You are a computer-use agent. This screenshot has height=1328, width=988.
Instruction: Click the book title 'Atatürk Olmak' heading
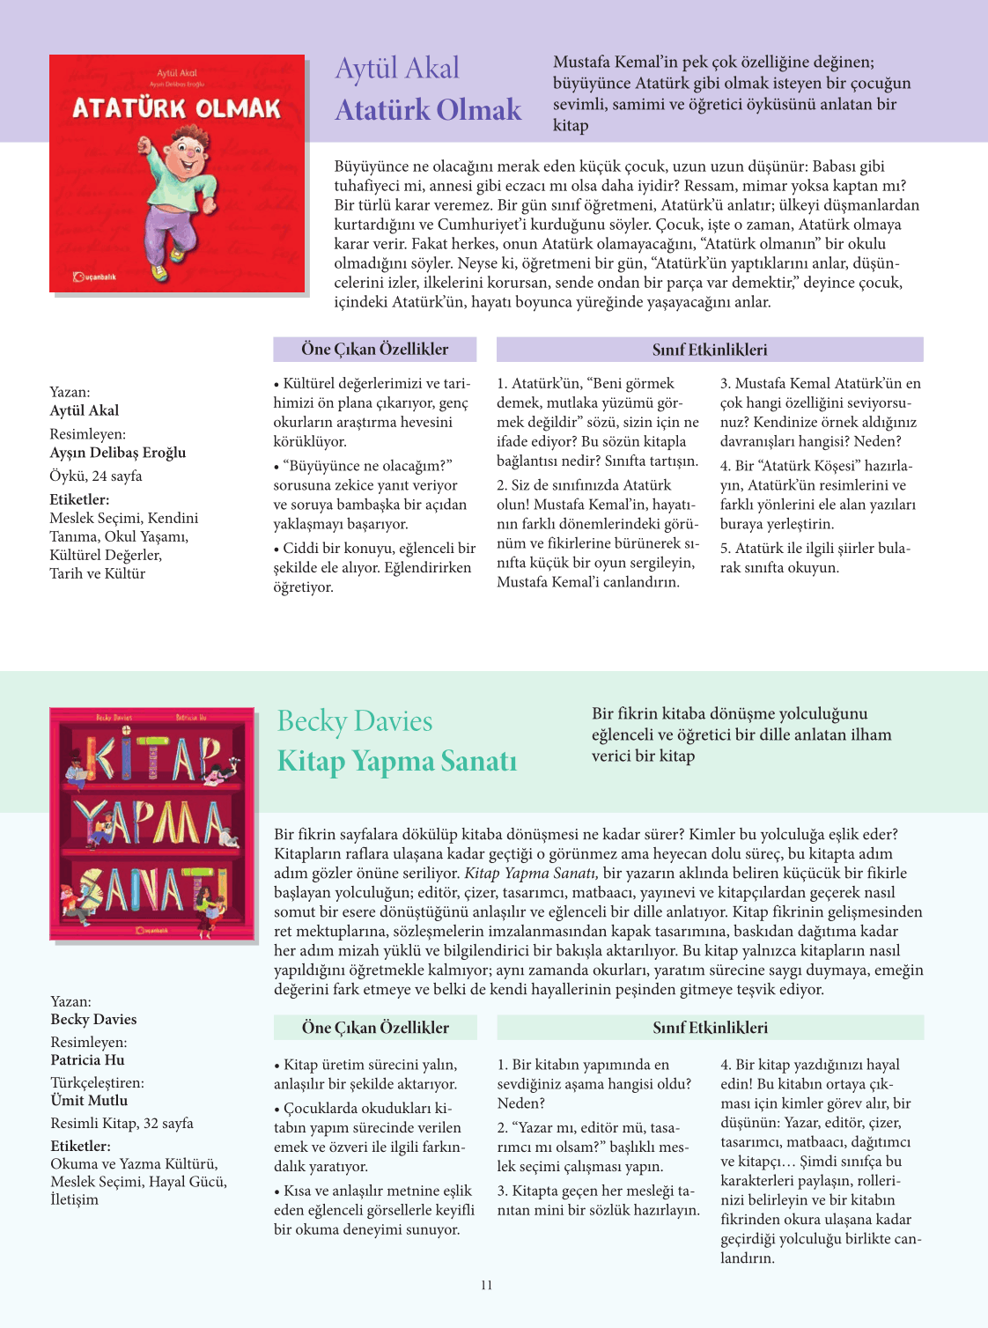(428, 110)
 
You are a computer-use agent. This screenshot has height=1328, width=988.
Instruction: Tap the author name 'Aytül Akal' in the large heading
(397, 69)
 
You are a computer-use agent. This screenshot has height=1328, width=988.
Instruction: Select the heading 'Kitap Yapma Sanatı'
(396, 761)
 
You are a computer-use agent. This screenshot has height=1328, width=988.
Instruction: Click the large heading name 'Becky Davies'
(355, 721)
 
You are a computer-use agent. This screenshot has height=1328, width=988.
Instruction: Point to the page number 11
(487, 1285)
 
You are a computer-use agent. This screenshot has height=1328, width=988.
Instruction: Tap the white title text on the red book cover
(176, 108)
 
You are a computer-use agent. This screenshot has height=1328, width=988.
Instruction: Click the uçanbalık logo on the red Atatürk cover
(94, 277)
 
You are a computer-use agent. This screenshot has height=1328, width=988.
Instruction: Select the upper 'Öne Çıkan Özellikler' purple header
(374, 350)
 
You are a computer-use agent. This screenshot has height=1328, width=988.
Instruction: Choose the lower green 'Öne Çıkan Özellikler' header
(375, 1028)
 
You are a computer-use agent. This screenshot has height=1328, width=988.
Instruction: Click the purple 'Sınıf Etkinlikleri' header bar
(710, 350)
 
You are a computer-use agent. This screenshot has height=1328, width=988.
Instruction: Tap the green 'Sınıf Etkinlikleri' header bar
(710, 1028)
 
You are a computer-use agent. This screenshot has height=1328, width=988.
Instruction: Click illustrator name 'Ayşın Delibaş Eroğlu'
(118, 453)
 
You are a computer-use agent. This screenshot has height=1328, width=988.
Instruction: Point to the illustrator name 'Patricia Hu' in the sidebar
(88, 1060)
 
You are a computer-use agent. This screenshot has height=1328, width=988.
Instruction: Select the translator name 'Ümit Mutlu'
(89, 1101)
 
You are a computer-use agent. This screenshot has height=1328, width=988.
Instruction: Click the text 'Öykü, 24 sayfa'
(96, 476)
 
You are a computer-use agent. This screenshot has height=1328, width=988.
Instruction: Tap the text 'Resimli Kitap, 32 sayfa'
(122, 1124)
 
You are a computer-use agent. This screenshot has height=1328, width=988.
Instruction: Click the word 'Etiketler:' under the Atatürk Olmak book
(79, 499)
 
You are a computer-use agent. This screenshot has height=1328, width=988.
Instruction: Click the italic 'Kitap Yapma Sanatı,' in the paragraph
(531, 874)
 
